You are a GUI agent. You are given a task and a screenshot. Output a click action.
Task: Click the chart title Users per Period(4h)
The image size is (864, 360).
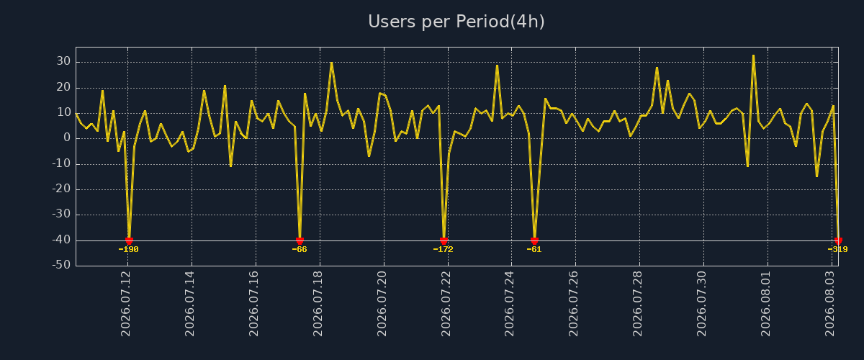tap(456, 22)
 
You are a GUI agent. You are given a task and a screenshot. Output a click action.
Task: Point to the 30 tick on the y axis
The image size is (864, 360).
tap(63, 61)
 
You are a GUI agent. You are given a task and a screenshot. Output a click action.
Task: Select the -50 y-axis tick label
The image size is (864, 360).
tap(61, 265)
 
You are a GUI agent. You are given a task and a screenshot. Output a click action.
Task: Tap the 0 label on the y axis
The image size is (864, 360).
tap(67, 138)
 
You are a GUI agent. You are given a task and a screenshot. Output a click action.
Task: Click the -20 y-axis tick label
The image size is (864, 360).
tap(61, 189)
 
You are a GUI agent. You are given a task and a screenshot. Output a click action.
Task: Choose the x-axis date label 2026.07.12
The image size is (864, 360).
tap(126, 304)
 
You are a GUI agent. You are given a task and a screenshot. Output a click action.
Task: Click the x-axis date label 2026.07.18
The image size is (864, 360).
tap(318, 304)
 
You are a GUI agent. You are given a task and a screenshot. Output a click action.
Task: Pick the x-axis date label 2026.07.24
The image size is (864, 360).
tap(510, 304)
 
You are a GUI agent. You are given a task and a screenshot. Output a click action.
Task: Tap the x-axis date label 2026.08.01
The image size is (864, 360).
tap(765, 304)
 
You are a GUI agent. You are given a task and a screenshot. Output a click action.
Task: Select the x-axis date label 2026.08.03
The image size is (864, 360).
tap(829, 304)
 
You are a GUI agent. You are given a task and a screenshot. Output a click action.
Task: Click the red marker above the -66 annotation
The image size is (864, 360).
tap(300, 240)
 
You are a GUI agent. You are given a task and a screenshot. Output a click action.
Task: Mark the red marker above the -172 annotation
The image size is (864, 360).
tap(444, 240)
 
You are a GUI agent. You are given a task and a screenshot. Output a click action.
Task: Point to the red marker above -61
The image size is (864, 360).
tap(534, 240)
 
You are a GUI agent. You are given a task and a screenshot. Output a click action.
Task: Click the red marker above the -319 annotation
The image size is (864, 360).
tap(838, 240)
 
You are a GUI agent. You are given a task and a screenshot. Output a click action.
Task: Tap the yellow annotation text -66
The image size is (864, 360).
tap(300, 249)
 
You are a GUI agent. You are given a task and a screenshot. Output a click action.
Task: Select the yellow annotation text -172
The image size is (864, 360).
tap(444, 249)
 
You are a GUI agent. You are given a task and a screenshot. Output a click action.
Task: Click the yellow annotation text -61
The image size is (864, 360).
tap(534, 249)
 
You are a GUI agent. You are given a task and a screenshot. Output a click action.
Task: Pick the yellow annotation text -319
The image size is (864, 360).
tap(838, 249)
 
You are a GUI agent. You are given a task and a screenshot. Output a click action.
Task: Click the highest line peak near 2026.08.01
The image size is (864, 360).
tap(753, 55)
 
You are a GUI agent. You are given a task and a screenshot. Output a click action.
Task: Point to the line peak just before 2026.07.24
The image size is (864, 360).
tap(498, 66)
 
